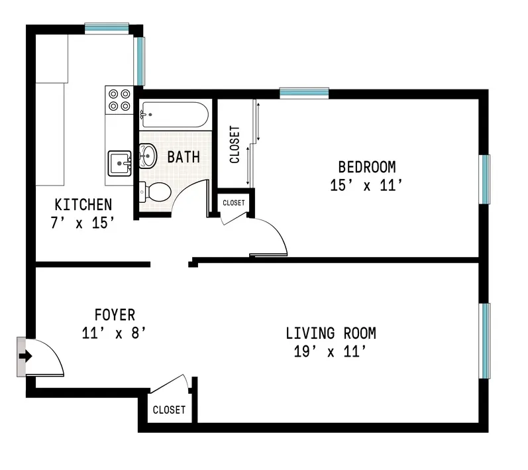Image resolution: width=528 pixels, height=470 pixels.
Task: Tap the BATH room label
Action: tap(183, 157)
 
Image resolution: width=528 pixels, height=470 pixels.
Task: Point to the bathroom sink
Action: tap(148, 155)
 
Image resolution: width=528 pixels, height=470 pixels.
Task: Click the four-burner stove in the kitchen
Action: tap(119, 99)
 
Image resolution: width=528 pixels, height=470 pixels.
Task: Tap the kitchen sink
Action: tap(120, 161)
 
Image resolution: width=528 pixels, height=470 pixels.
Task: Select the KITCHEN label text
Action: tap(83, 204)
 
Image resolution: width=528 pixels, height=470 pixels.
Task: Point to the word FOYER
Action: tap(115, 315)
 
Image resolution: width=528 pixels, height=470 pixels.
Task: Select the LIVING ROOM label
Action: tap(331, 333)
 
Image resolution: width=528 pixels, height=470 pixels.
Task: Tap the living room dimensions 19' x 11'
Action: tap(331, 351)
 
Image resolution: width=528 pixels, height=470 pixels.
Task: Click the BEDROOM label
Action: tap(366, 166)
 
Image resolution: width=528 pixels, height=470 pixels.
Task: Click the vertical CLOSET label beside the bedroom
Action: tap(234, 145)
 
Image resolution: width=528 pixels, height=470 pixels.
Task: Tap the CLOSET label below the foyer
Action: tap(169, 410)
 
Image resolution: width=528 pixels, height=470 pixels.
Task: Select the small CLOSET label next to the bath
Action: tap(233, 202)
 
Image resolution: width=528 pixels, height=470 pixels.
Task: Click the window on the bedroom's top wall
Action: tap(304, 93)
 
